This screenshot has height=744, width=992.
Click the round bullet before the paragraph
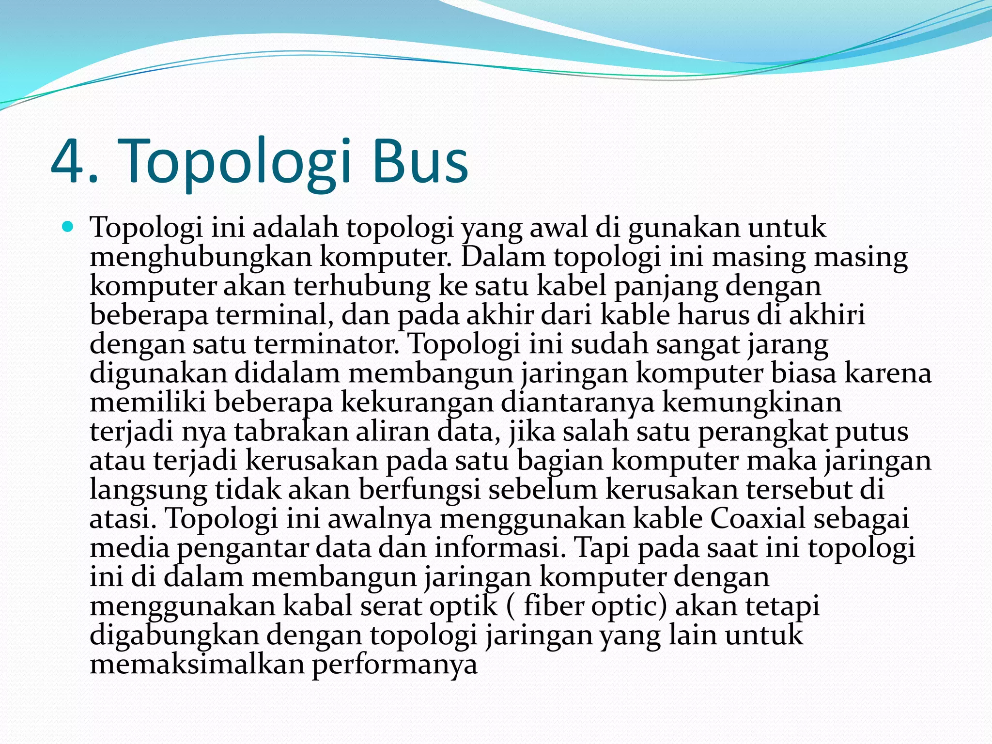tap(68, 226)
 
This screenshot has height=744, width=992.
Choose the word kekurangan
tap(417, 403)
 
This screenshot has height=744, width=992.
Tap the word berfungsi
tap(419, 490)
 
